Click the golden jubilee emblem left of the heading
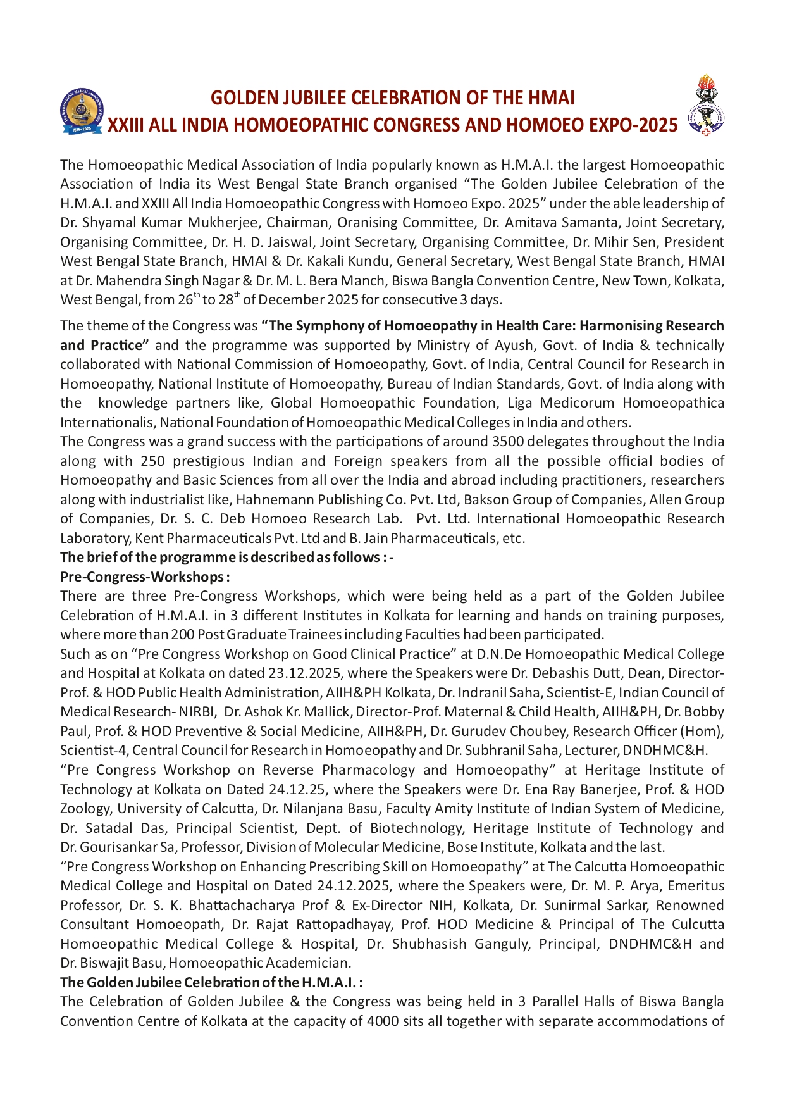click(81, 111)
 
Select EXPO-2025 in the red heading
click(633, 125)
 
